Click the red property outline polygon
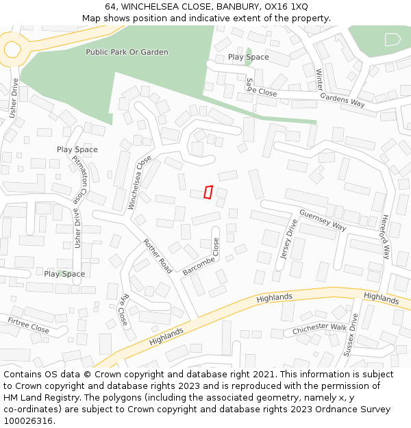pos(208,192)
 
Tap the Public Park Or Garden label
pos(127,52)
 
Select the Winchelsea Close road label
pos(140,182)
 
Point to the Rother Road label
pos(158,256)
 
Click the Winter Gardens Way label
pos(340,87)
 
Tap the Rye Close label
pos(123,310)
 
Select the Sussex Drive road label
pos(350,336)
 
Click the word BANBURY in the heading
pos(236,7)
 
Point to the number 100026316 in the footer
pos(29,420)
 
